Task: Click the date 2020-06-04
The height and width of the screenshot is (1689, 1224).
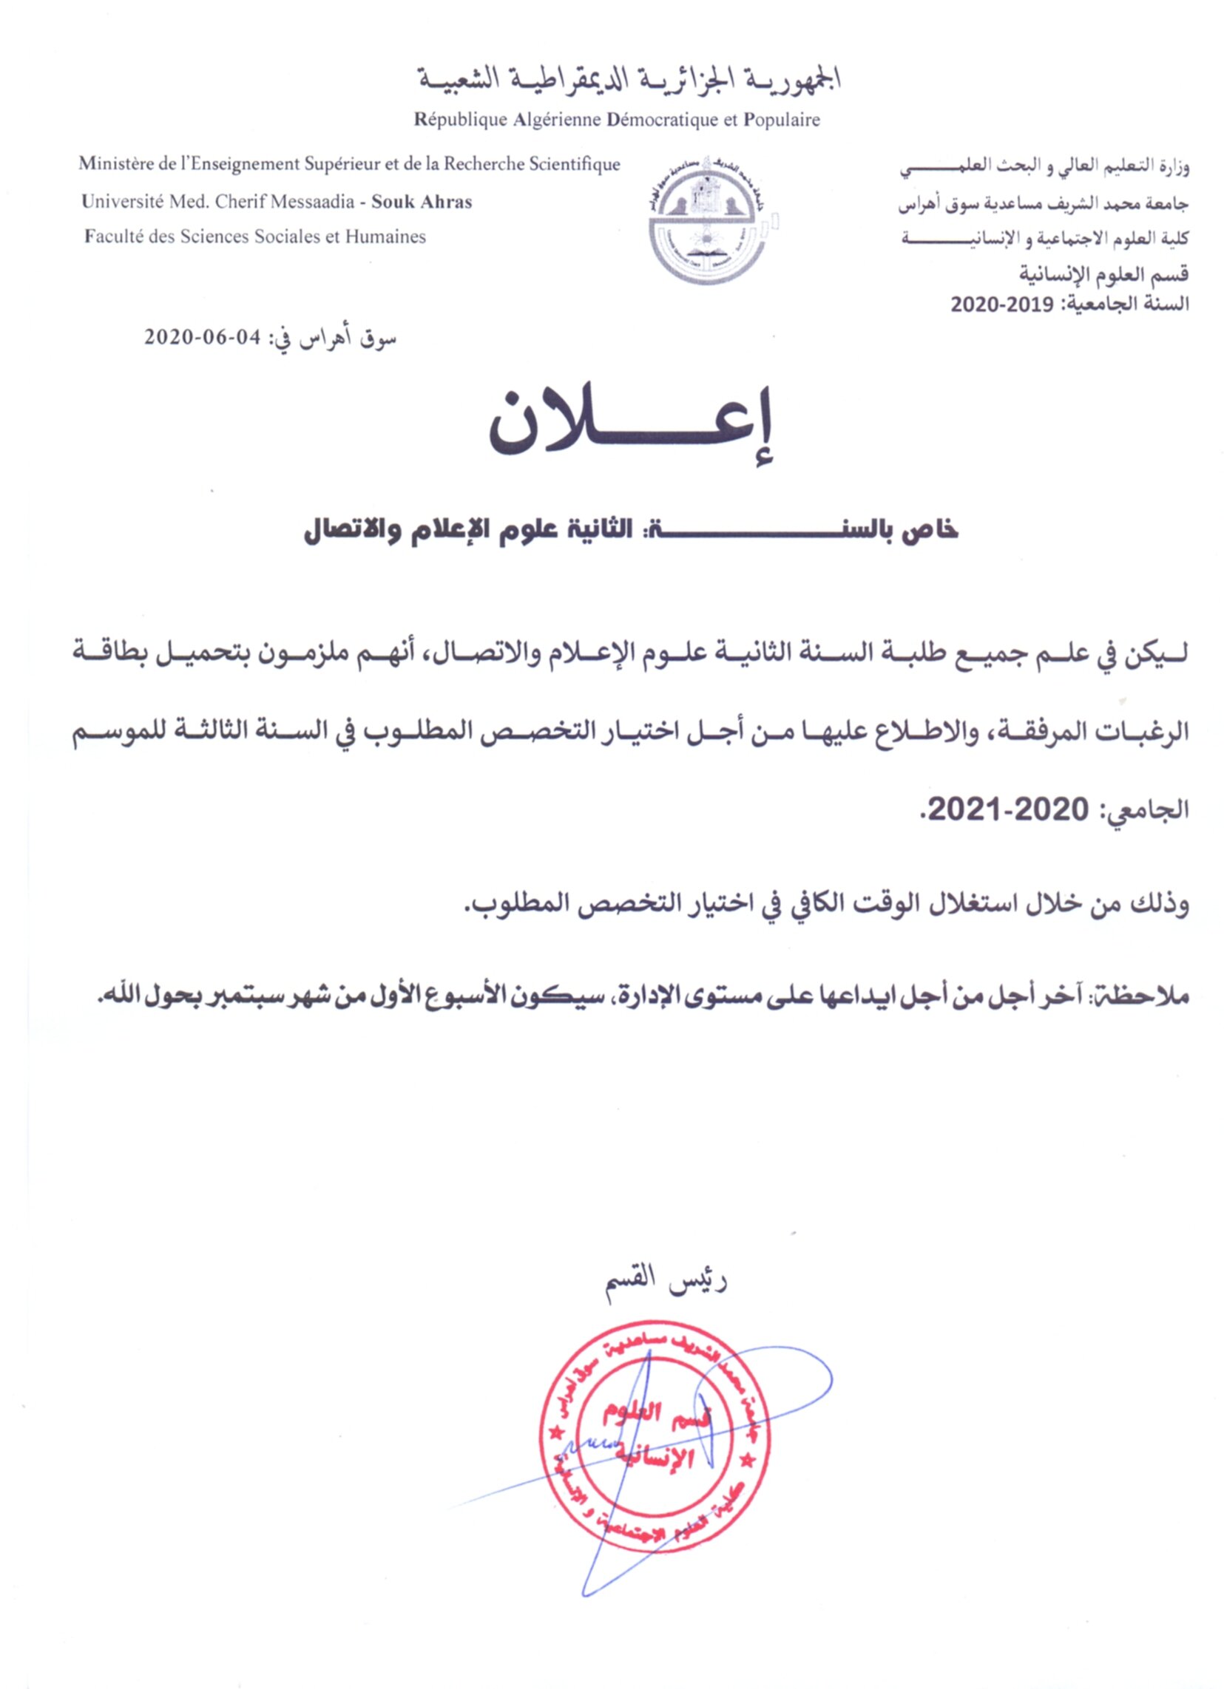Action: [x=203, y=336]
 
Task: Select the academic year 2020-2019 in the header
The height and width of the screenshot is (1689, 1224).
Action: [x=1001, y=305]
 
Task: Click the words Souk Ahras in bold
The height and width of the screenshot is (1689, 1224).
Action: [x=422, y=201]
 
